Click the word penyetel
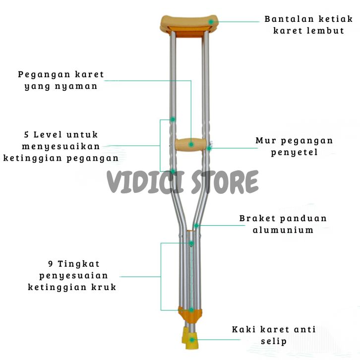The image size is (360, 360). [294, 152]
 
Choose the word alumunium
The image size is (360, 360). [283, 230]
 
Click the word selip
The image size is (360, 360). [273, 341]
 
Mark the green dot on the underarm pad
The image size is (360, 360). [211, 22]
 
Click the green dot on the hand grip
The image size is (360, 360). [191, 144]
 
